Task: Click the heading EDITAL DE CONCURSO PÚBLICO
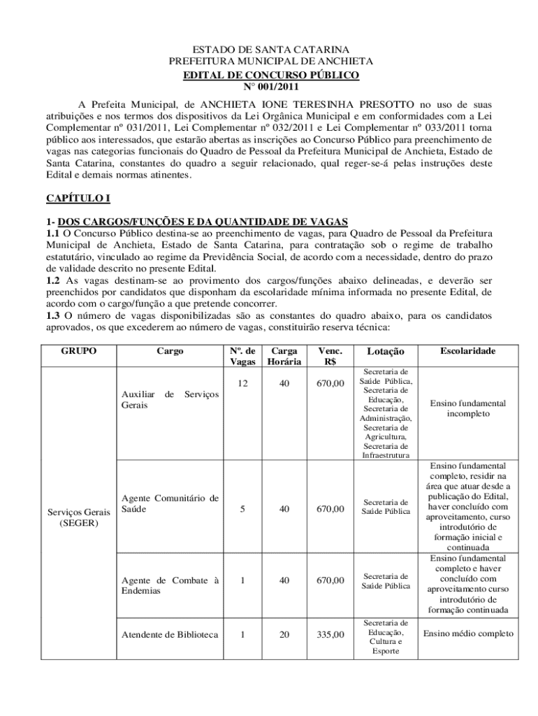[x=271, y=74]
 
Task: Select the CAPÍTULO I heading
[x=78, y=199]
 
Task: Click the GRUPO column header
[x=78, y=351]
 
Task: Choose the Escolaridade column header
[x=467, y=351]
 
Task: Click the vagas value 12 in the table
[x=242, y=383]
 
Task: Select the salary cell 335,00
[x=330, y=635]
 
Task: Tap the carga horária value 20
[x=284, y=635]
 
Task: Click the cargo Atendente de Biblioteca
[x=170, y=635]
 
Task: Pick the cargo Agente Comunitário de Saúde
[x=170, y=503]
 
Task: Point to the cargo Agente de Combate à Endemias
[x=170, y=585]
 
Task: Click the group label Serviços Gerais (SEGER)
[x=78, y=517]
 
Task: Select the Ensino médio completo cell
[x=467, y=634]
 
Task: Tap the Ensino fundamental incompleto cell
[x=467, y=408]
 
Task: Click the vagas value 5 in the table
[x=242, y=509]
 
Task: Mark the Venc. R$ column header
[x=330, y=356]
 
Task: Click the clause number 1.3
[x=54, y=315]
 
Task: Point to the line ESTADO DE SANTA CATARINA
[x=270, y=50]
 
